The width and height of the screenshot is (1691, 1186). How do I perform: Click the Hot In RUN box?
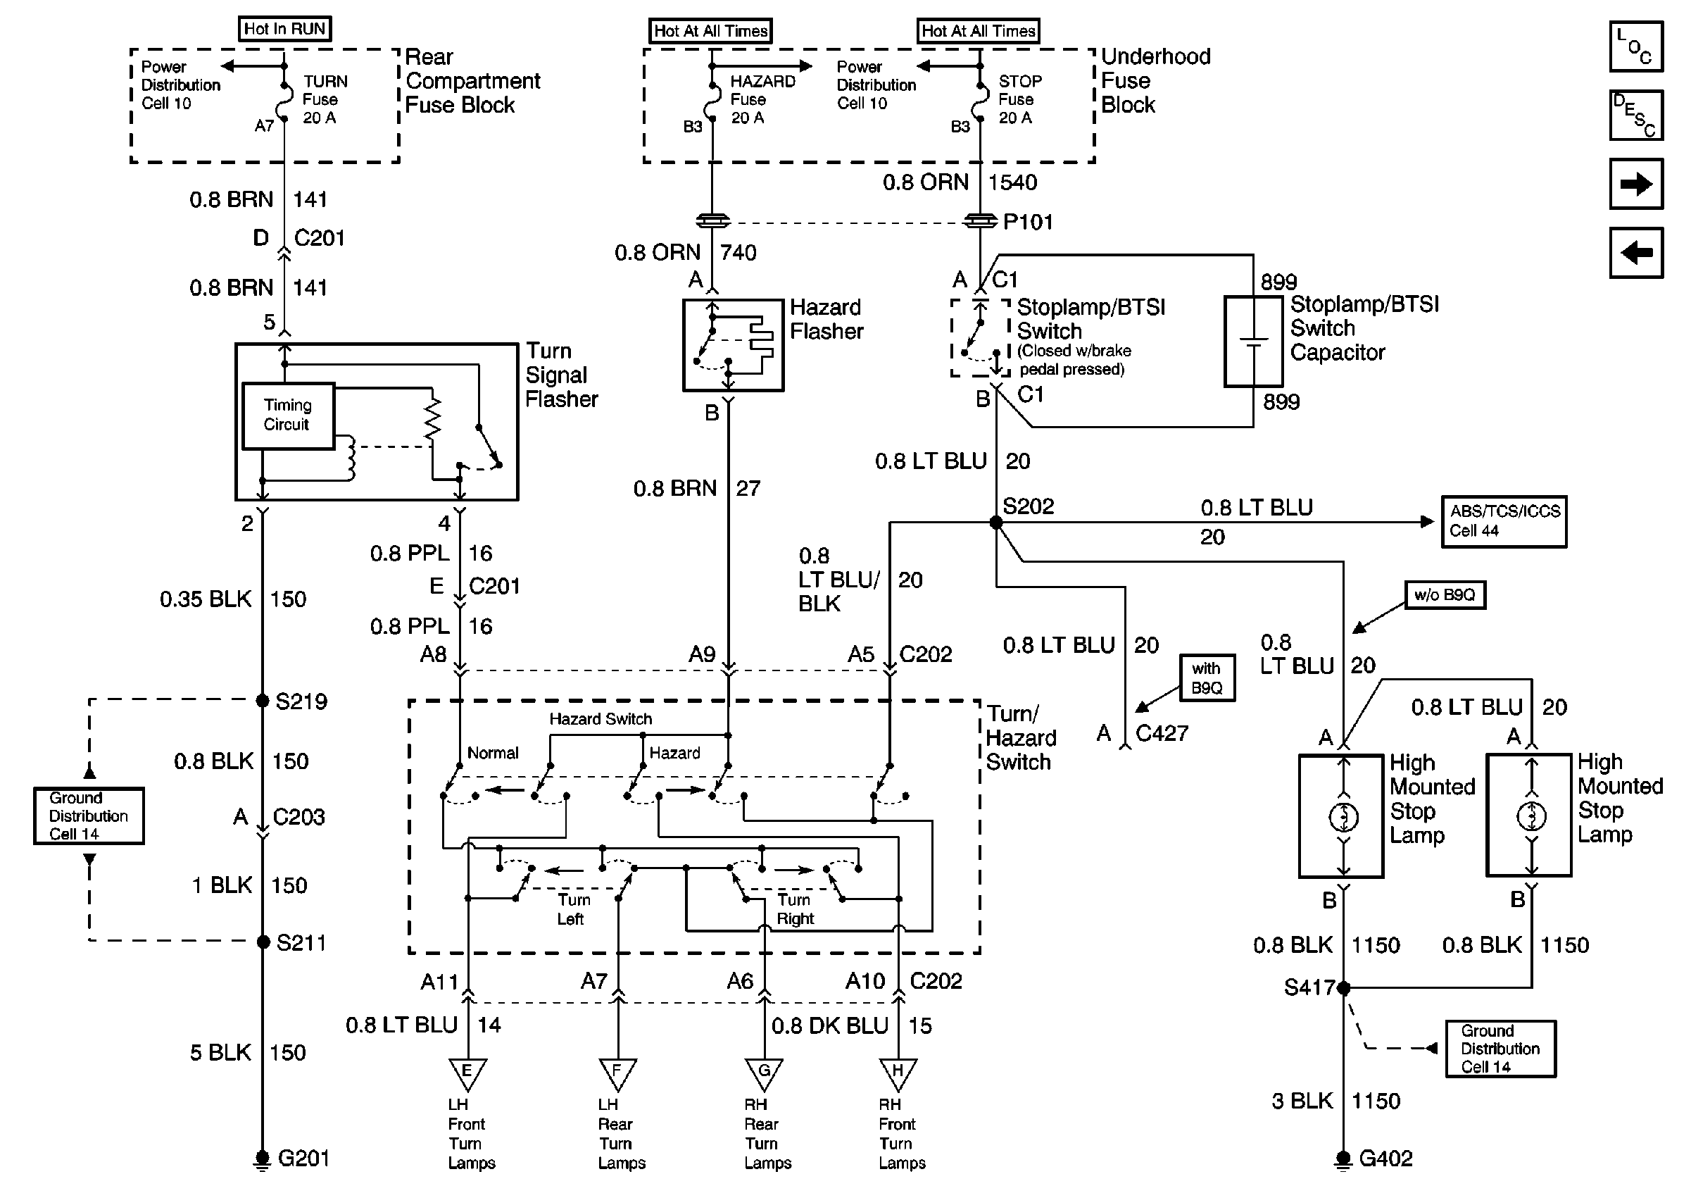point(285,29)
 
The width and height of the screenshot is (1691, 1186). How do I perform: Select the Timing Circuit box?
point(289,416)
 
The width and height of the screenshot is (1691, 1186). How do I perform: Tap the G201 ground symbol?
point(262,1159)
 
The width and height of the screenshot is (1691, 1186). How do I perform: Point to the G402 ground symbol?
point(1343,1159)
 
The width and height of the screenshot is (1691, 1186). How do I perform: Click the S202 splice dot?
point(995,523)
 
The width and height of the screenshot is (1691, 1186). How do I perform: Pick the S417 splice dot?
point(1343,987)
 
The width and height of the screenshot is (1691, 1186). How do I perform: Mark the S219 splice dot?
point(263,701)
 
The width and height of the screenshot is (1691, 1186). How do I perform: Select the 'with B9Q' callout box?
point(1207,678)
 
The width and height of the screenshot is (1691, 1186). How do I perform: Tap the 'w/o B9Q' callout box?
point(1445,595)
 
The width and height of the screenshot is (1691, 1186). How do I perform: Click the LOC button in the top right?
point(1636,46)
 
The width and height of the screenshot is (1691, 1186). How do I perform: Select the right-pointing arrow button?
point(1636,183)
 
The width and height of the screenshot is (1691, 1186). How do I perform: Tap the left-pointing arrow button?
point(1636,253)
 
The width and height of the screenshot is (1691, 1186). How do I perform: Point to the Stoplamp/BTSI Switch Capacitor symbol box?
point(1254,342)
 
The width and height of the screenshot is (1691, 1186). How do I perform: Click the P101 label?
point(1028,222)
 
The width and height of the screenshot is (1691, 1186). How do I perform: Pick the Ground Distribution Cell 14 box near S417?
point(1500,1049)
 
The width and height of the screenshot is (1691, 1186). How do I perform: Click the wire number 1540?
point(1012,182)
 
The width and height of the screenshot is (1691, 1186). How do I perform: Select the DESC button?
point(1636,115)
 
